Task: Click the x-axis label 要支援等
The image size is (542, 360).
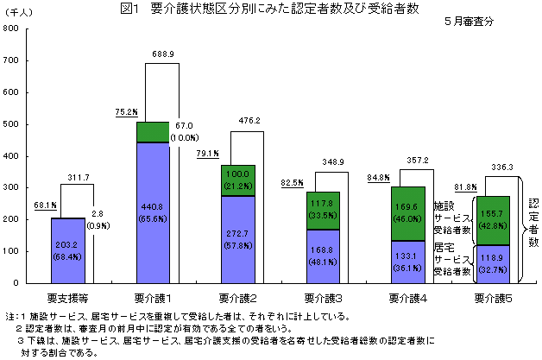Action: click(66, 297)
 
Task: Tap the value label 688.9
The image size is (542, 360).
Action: click(163, 54)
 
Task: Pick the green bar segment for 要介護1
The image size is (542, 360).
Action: click(152, 131)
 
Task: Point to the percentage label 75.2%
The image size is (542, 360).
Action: click(126, 111)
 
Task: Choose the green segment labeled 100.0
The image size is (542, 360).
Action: click(237, 180)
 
